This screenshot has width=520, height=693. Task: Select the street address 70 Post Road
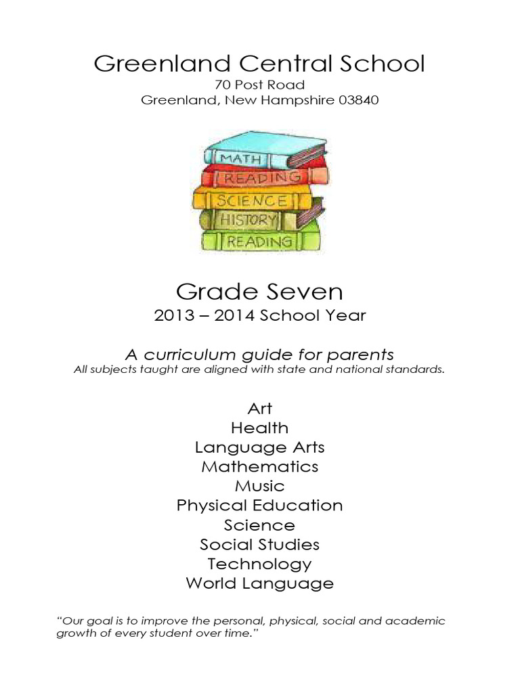pos(260,85)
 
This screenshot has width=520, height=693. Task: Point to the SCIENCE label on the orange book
pos(251,200)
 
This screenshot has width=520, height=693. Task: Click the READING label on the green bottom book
pos(260,241)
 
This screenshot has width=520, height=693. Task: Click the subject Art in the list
pos(260,408)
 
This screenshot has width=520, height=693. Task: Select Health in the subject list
pos(260,428)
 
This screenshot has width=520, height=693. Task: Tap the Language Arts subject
pos(260,447)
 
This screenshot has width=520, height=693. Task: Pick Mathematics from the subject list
pos(260,466)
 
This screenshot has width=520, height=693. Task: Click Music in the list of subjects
pos(260,486)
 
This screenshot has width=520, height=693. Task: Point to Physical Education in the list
pos(260,506)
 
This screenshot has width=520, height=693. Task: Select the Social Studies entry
pos(260,544)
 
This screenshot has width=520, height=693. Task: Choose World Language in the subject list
pos(260,583)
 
